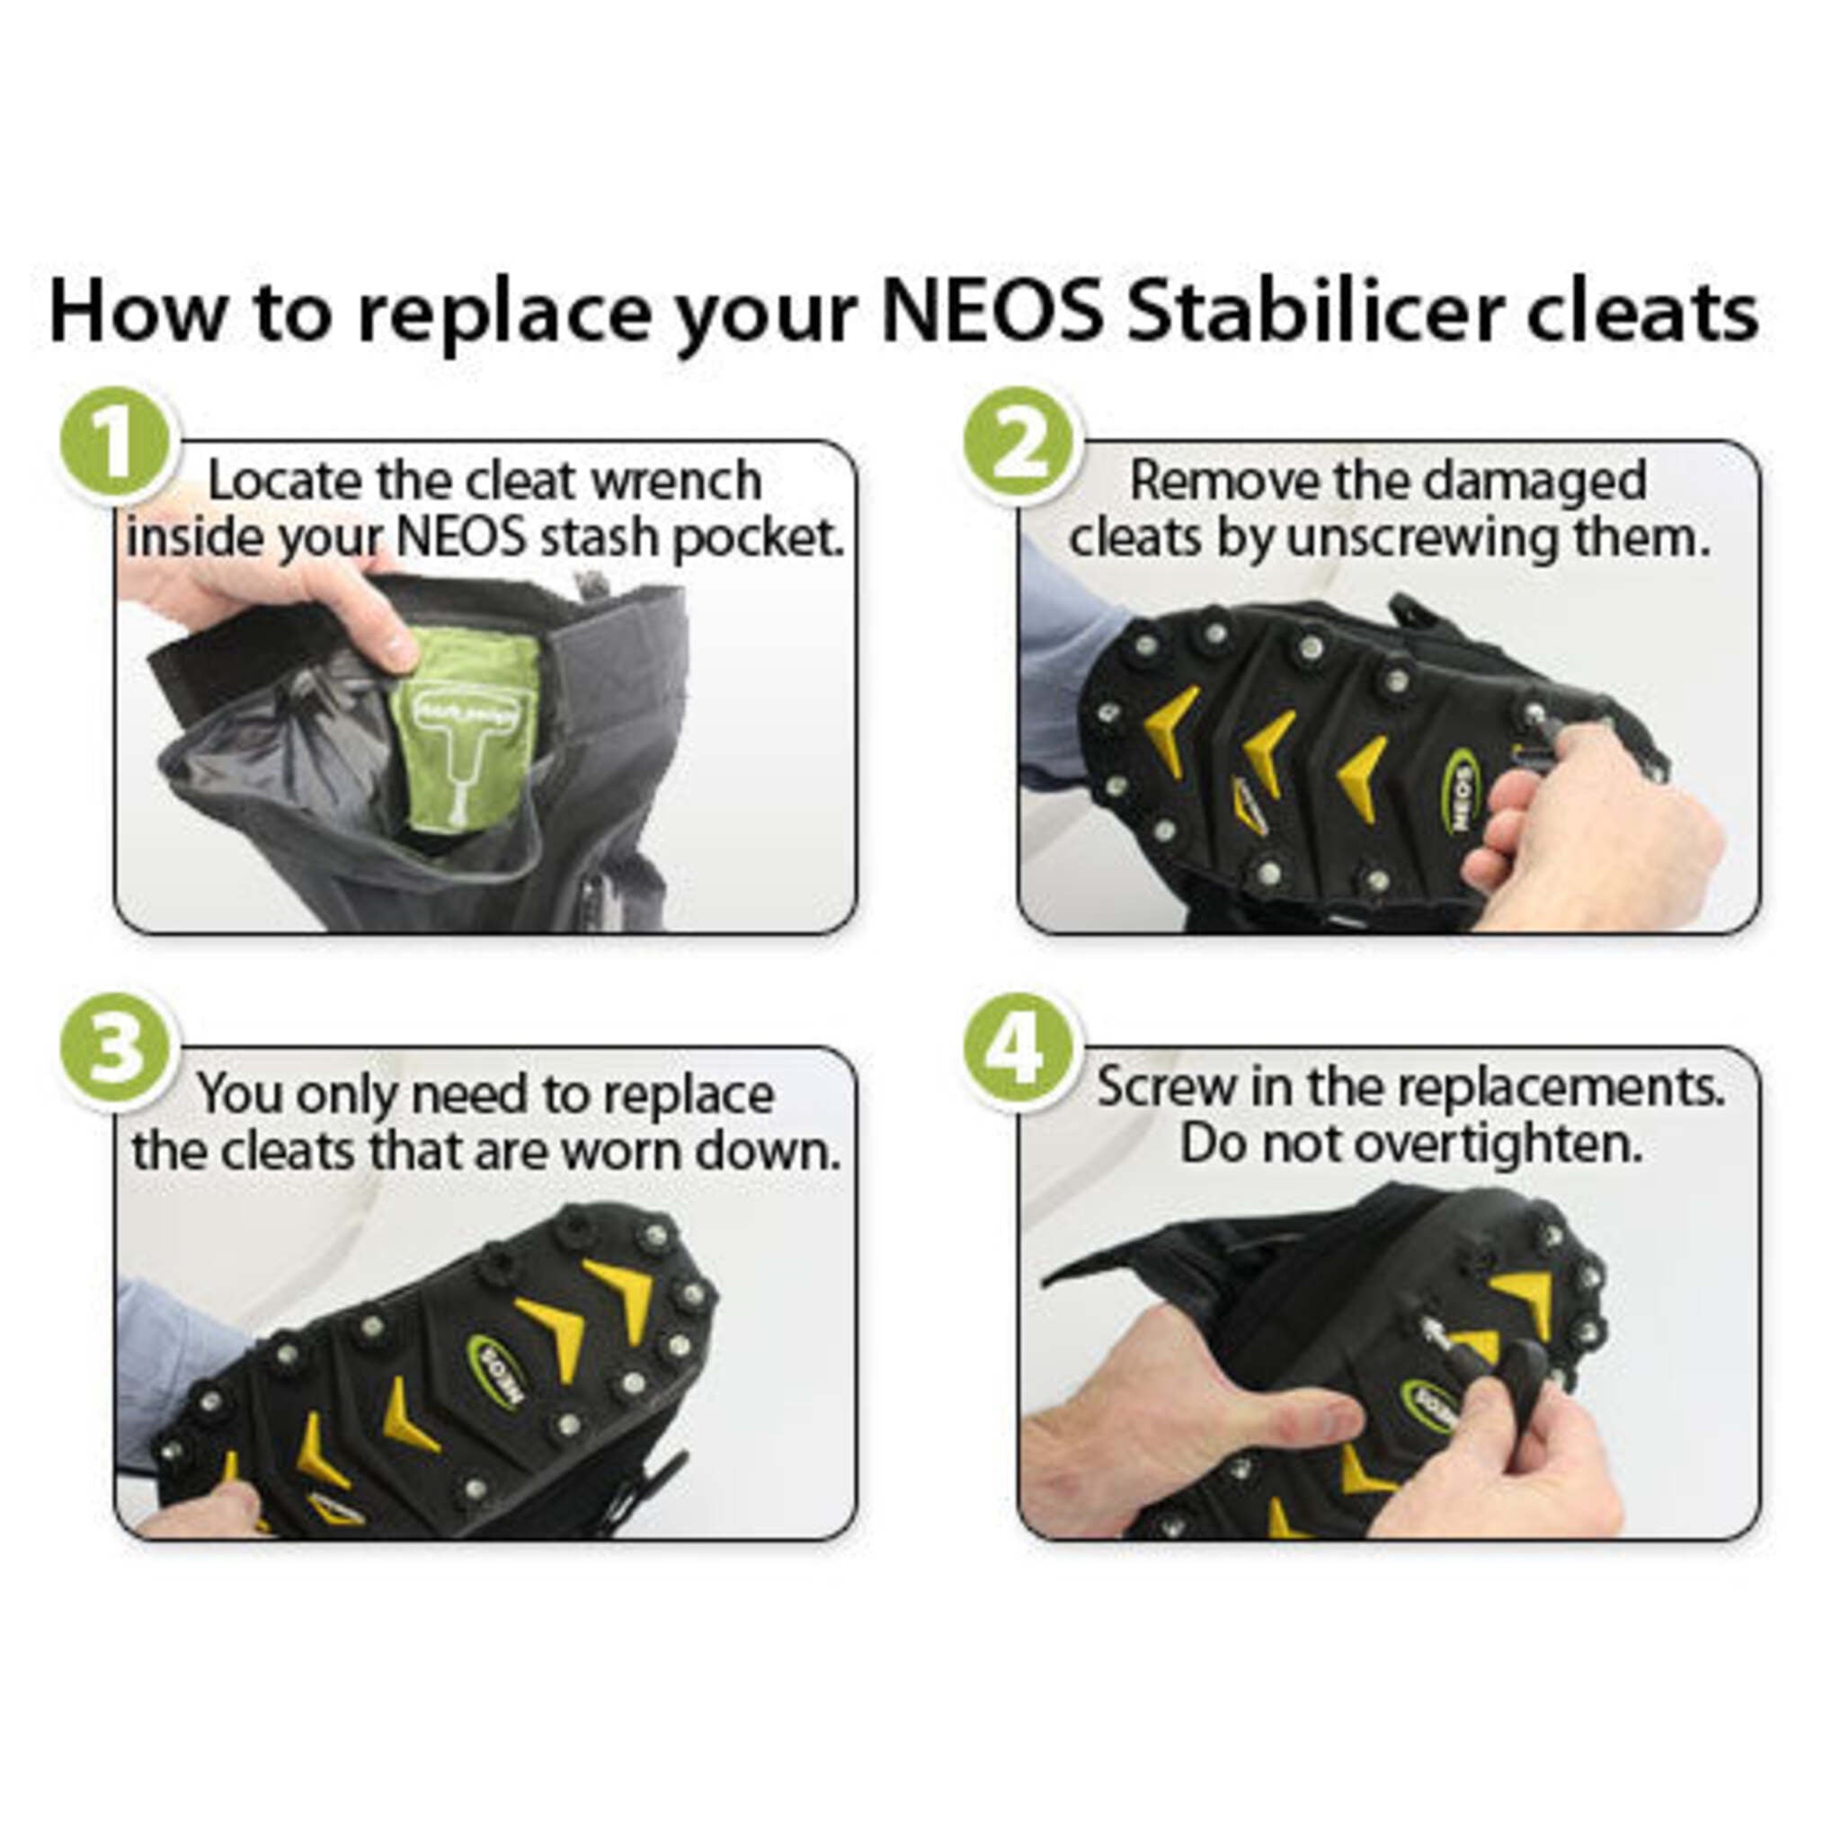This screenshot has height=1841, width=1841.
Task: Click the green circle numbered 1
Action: (115, 444)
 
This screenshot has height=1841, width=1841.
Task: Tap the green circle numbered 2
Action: (1018, 444)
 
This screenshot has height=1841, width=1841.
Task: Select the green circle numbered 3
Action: (115, 1050)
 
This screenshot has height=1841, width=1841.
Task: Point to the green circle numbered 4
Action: (1018, 1050)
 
